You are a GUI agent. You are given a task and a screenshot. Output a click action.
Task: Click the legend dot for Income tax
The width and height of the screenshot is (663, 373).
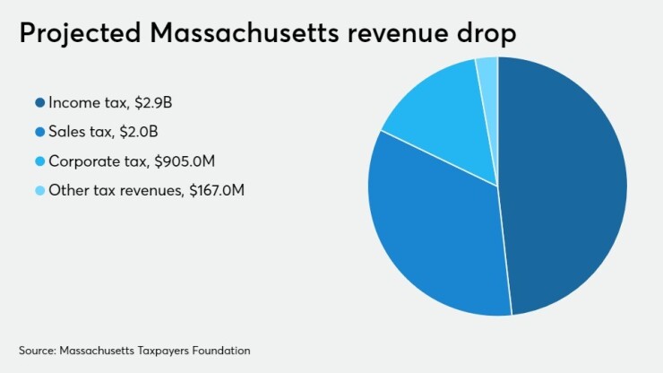39,103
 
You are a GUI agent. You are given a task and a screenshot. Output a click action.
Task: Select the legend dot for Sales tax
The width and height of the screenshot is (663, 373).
39,132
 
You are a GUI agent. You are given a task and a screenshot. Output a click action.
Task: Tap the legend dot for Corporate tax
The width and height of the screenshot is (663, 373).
39,160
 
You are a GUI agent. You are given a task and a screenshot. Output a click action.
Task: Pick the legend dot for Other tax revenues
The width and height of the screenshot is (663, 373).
39,189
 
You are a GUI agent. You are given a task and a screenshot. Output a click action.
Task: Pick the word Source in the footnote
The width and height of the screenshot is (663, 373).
35,349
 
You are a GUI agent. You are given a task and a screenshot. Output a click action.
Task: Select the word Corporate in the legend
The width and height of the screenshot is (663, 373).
81,160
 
